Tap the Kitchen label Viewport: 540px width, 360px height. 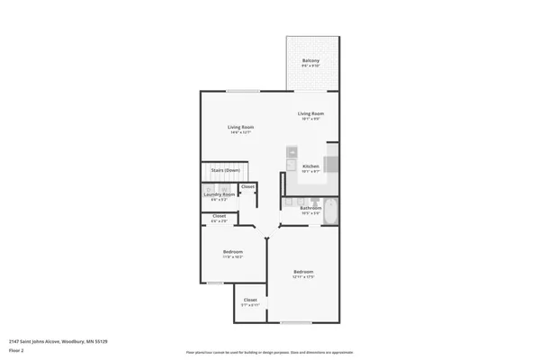pos(310,166)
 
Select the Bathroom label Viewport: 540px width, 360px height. pos(310,208)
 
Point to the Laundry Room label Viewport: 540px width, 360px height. pos(219,194)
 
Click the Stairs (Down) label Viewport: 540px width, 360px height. pos(225,170)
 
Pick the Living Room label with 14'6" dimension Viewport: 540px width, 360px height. pos(240,127)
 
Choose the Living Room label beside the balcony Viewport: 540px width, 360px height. pos(310,113)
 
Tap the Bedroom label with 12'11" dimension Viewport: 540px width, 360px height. pos(302,272)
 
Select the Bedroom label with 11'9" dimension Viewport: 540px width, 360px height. pos(233,252)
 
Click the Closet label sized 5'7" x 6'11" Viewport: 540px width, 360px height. pos(250,300)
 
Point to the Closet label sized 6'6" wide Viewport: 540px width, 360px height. pos(219,216)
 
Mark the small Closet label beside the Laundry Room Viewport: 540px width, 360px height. pos(247,187)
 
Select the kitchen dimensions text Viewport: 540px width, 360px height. pos(310,171)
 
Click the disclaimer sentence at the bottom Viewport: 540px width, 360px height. pos(269,352)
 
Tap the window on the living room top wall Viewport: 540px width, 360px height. pos(240,91)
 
